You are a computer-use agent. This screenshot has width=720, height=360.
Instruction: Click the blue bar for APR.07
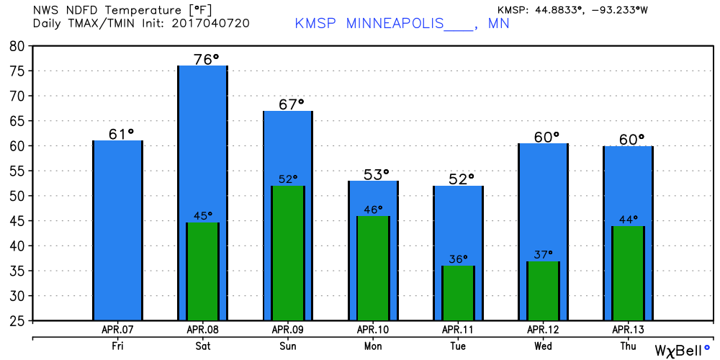[117, 230]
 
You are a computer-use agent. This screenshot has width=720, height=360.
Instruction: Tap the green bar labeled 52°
[287, 253]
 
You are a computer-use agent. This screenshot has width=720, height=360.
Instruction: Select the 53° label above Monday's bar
[374, 174]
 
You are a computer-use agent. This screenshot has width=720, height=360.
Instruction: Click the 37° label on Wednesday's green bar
[544, 254]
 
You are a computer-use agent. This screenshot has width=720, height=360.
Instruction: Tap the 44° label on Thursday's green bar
[628, 219]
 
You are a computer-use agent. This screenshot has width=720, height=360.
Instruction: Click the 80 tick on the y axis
[17, 46]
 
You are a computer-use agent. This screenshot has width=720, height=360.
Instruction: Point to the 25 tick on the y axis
[17, 320]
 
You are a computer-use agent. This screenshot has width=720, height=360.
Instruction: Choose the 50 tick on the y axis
[17, 196]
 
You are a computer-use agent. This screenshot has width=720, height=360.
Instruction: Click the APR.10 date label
[373, 330]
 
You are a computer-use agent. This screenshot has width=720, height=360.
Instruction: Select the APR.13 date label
[628, 330]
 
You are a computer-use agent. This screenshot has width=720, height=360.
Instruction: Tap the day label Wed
[544, 346]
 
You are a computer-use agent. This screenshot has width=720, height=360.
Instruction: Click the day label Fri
[117, 346]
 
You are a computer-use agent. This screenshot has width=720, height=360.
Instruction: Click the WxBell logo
[681, 350]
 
